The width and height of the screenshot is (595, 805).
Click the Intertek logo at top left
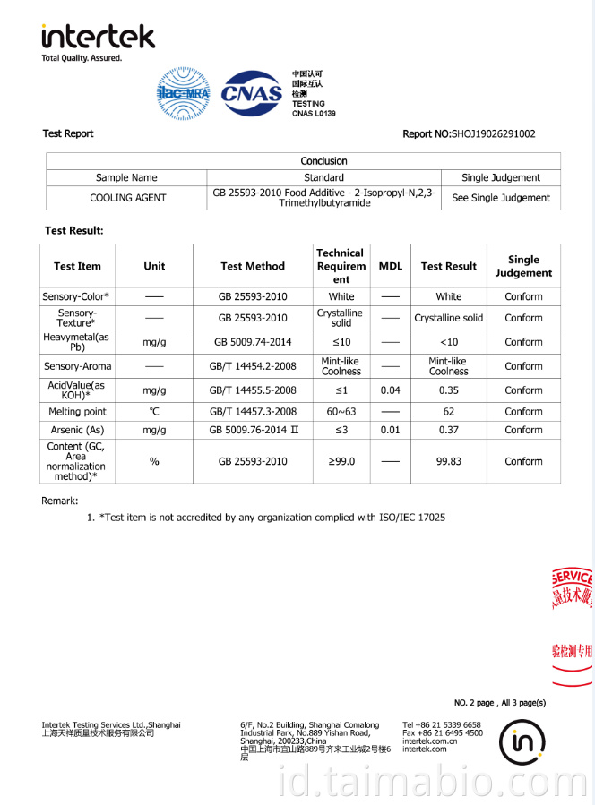[x=98, y=38]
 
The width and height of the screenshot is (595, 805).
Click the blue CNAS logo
[x=251, y=93]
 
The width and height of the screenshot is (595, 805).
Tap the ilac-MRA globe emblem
[x=183, y=93]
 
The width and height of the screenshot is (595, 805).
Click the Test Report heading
[x=68, y=133]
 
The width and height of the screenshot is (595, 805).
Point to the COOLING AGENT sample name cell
[x=127, y=198]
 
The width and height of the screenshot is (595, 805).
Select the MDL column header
[x=391, y=266]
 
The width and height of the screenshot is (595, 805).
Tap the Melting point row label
[x=77, y=412]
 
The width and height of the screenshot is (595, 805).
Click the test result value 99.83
[x=449, y=461]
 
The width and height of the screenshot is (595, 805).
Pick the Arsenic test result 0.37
[x=449, y=430]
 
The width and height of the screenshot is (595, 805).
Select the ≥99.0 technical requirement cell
[x=341, y=461]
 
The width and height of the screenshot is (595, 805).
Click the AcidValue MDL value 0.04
[x=391, y=390]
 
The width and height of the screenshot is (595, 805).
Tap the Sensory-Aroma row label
[x=77, y=366]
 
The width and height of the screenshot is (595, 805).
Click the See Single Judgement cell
[x=501, y=198]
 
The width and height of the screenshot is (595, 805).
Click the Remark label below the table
[x=60, y=501]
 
